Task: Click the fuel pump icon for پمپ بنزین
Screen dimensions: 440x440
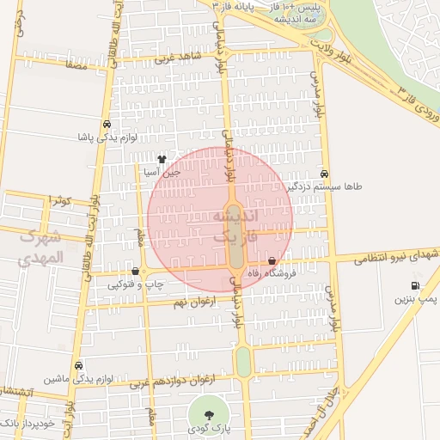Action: pos(415,285)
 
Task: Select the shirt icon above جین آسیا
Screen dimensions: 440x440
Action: pos(162,159)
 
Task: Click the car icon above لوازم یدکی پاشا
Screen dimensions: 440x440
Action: pos(107,124)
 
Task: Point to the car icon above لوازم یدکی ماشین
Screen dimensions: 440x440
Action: pos(79,364)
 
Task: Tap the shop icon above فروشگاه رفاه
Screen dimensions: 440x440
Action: pos(272,260)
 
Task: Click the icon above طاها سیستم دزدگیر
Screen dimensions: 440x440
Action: pos(323,173)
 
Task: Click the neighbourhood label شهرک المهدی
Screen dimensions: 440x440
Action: pos(40,247)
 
